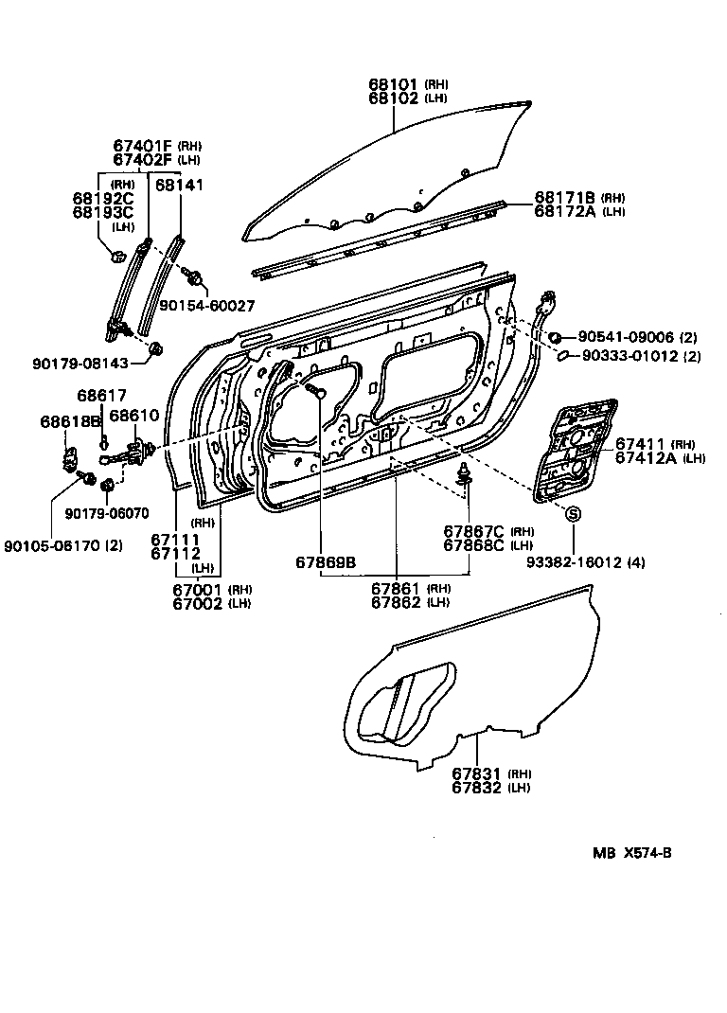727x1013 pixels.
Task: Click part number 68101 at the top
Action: coord(394,84)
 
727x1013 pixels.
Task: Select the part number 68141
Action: coord(179,185)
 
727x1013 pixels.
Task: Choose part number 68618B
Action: coord(70,420)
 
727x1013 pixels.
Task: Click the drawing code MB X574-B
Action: coord(632,852)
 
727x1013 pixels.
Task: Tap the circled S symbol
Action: coord(574,512)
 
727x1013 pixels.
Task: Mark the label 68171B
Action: coord(564,197)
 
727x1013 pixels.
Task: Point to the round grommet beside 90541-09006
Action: coord(557,337)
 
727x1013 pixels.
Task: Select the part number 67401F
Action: coord(143,145)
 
